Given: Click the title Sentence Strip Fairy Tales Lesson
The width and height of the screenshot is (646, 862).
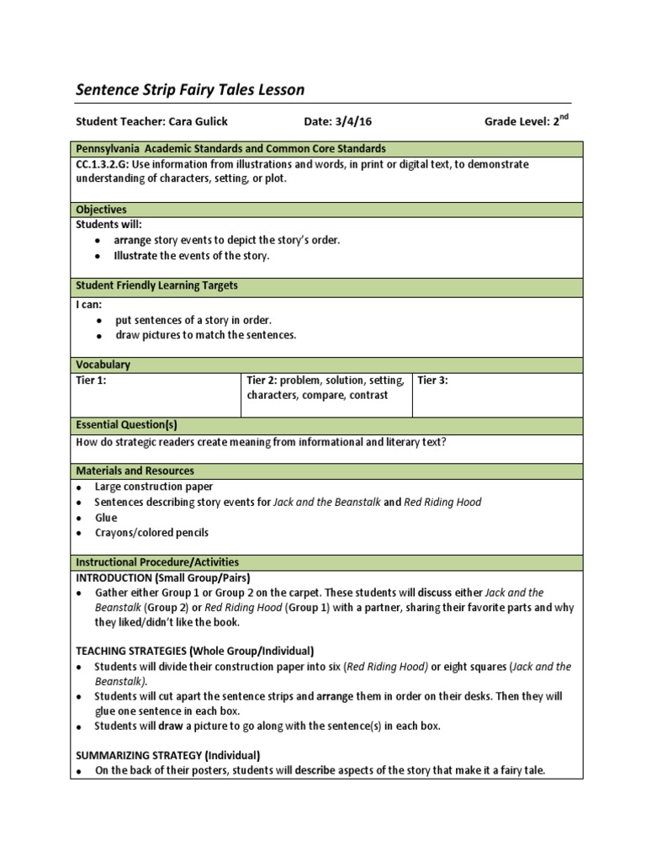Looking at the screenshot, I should point(190,89).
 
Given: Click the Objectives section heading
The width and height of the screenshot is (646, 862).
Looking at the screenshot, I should point(101,210).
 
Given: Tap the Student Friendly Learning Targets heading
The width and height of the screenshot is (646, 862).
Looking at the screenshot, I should point(156,285).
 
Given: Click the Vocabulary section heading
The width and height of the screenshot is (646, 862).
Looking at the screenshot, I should point(103,364).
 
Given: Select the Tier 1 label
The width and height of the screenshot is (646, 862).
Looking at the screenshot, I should point(91,380).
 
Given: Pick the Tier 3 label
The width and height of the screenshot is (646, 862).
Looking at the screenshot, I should point(432,380).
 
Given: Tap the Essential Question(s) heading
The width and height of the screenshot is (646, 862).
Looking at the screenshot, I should point(126,425).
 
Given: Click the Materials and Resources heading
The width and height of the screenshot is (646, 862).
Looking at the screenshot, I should point(135,471).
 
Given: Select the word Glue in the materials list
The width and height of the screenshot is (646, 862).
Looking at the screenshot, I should point(106,518).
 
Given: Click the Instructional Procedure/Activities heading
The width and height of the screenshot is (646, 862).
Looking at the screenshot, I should point(157,561).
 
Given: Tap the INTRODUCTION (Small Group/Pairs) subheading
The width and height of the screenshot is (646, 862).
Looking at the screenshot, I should point(163,577).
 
